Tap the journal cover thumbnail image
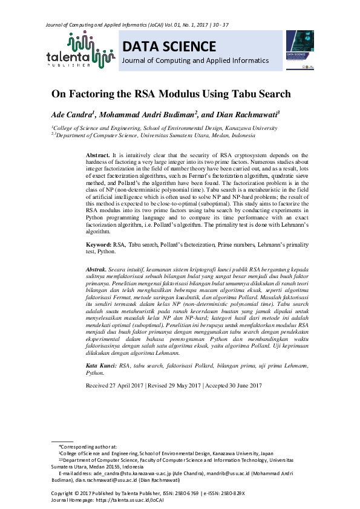[299, 50]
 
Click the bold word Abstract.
[98, 156]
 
